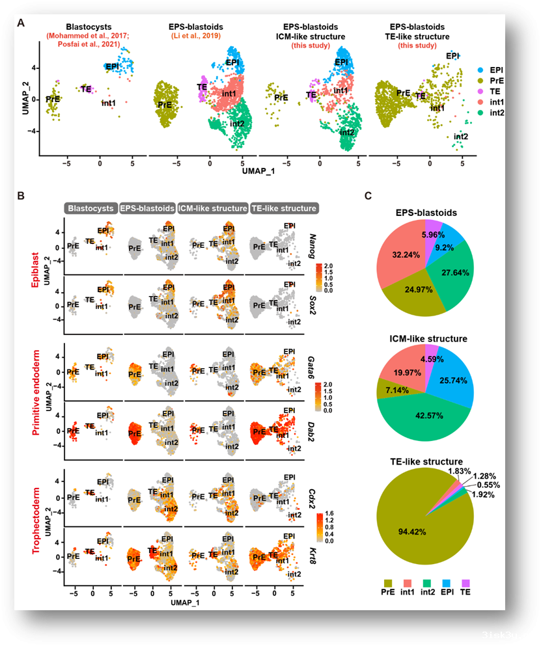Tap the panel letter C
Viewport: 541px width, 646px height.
(368, 195)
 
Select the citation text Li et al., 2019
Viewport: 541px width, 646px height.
(196, 35)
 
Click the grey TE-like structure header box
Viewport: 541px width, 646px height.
(283, 209)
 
